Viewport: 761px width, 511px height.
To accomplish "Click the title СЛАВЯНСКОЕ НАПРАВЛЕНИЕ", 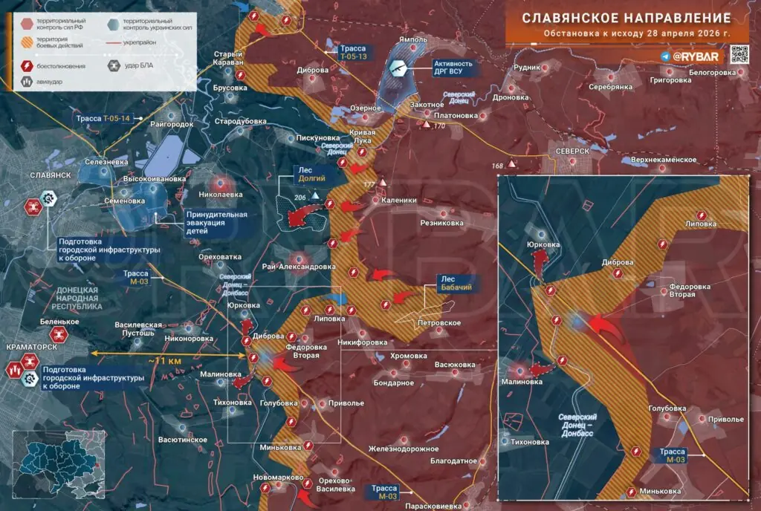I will click(625, 18).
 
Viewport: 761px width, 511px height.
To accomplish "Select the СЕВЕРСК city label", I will click(571, 151).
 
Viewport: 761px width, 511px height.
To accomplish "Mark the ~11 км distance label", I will click(164, 360).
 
